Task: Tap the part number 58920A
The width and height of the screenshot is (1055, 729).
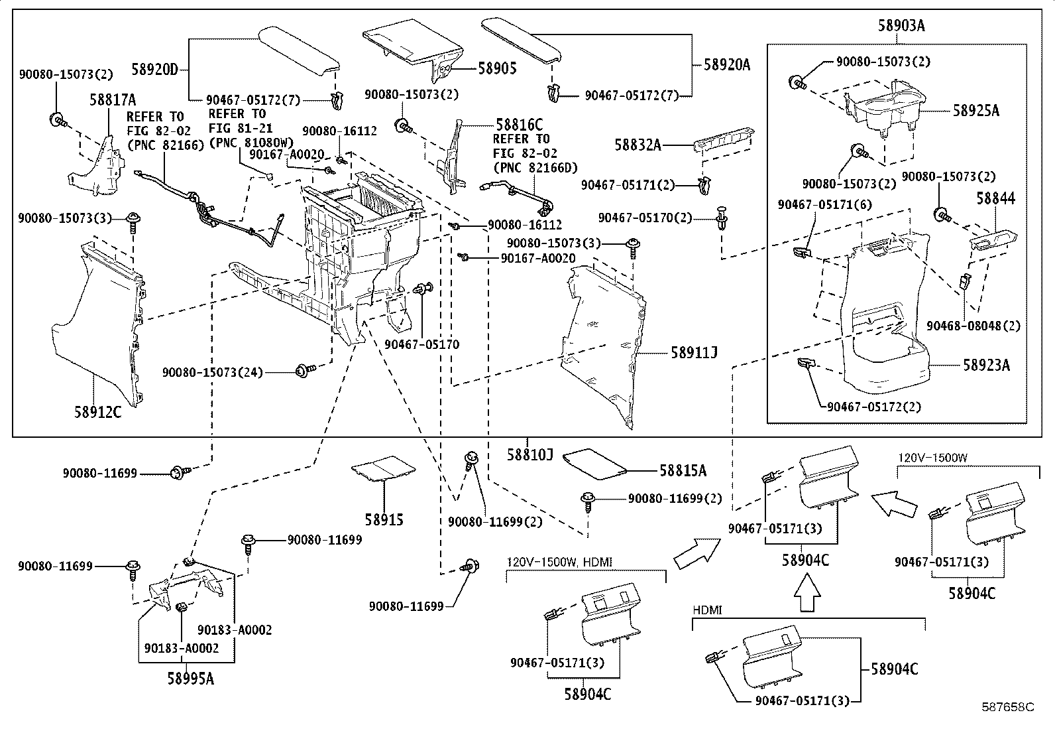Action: click(727, 65)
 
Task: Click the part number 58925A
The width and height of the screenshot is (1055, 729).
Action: click(976, 111)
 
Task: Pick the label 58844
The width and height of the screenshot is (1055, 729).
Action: click(995, 198)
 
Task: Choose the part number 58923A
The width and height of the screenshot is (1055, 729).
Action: click(986, 364)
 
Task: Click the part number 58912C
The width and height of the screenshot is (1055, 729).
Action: click(97, 412)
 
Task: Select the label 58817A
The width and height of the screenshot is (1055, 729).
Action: click(113, 100)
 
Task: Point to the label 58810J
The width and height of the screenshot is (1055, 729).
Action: click(530, 454)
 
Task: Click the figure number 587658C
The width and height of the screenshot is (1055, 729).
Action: click(1009, 707)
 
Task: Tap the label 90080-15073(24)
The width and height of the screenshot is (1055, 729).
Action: click(213, 373)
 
